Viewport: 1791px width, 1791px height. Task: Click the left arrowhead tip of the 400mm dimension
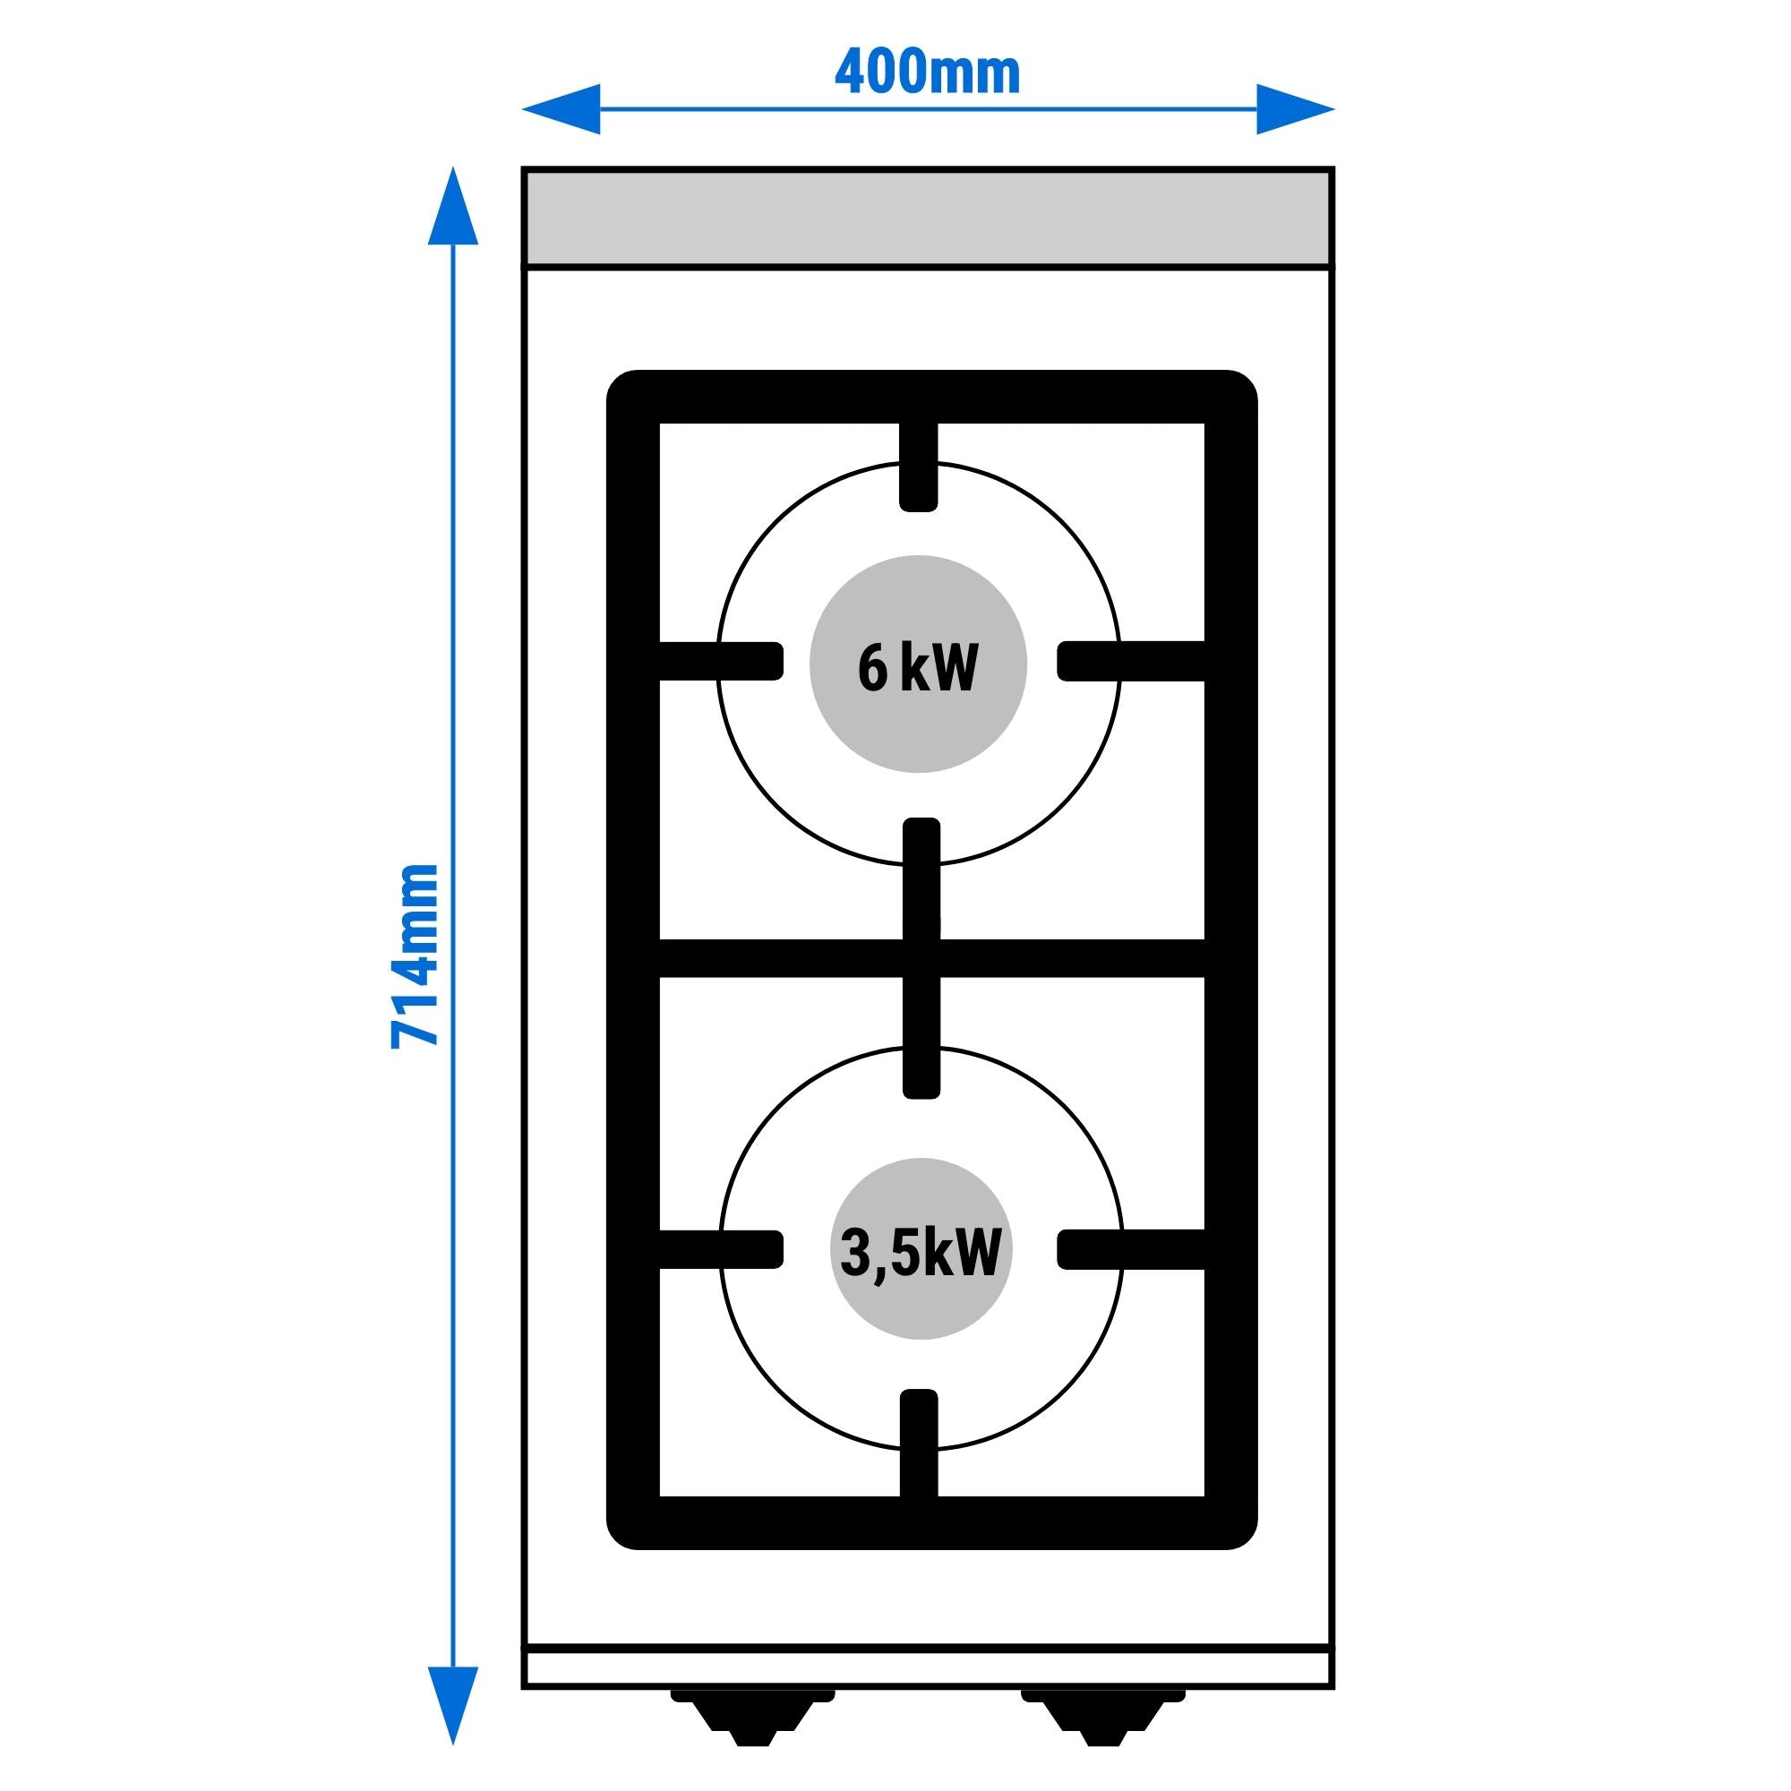(523, 109)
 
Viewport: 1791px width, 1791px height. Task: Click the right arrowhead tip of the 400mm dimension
(1335, 109)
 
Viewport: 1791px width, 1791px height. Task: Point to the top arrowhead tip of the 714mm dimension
(453, 167)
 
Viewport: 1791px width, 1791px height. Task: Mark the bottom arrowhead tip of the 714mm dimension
(453, 1744)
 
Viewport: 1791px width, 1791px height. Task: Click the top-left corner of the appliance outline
(524, 169)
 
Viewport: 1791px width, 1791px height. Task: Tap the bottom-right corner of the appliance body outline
(1333, 1686)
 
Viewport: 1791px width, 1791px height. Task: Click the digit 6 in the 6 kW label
(872, 667)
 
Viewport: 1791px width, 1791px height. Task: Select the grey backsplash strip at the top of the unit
(928, 218)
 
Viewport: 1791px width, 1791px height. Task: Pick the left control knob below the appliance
(753, 1715)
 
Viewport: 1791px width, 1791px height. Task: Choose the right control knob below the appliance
(1103, 1715)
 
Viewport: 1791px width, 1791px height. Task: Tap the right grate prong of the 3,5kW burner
(1131, 1249)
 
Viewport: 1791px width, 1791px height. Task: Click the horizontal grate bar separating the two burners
(931, 958)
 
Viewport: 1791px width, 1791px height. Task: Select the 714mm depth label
(415, 955)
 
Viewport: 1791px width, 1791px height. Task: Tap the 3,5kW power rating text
(921, 1253)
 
